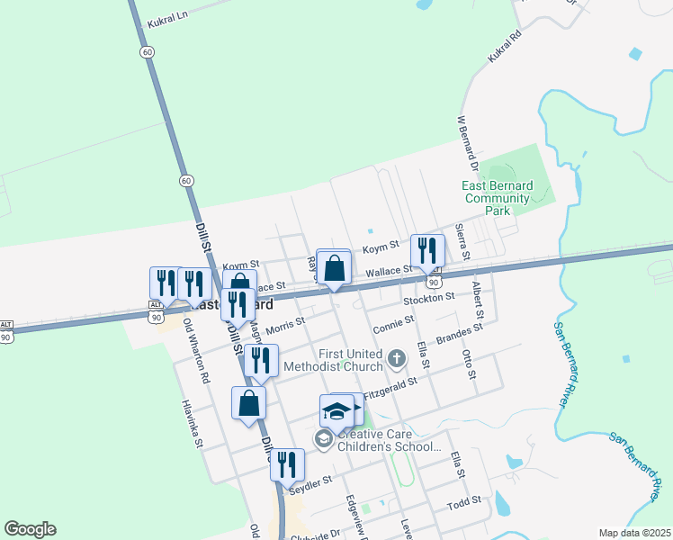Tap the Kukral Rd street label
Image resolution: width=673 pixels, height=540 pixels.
(x=505, y=47)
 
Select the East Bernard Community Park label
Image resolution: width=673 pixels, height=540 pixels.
(x=497, y=198)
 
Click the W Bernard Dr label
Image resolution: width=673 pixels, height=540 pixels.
(x=465, y=143)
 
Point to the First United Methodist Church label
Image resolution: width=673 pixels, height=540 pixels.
(x=332, y=360)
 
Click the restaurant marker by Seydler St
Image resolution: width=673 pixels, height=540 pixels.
(x=287, y=464)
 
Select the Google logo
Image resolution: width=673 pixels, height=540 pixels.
(x=30, y=529)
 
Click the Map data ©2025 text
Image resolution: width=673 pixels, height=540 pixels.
(x=634, y=533)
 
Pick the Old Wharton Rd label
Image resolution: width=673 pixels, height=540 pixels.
(x=195, y=350)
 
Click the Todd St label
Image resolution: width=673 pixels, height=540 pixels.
(x=465, y=499)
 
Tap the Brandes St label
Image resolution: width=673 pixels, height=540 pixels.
(x=460, y=334)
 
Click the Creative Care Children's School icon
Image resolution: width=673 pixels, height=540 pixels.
(x=322, y=438)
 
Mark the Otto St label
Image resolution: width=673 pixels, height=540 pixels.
(x=468, y=364)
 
